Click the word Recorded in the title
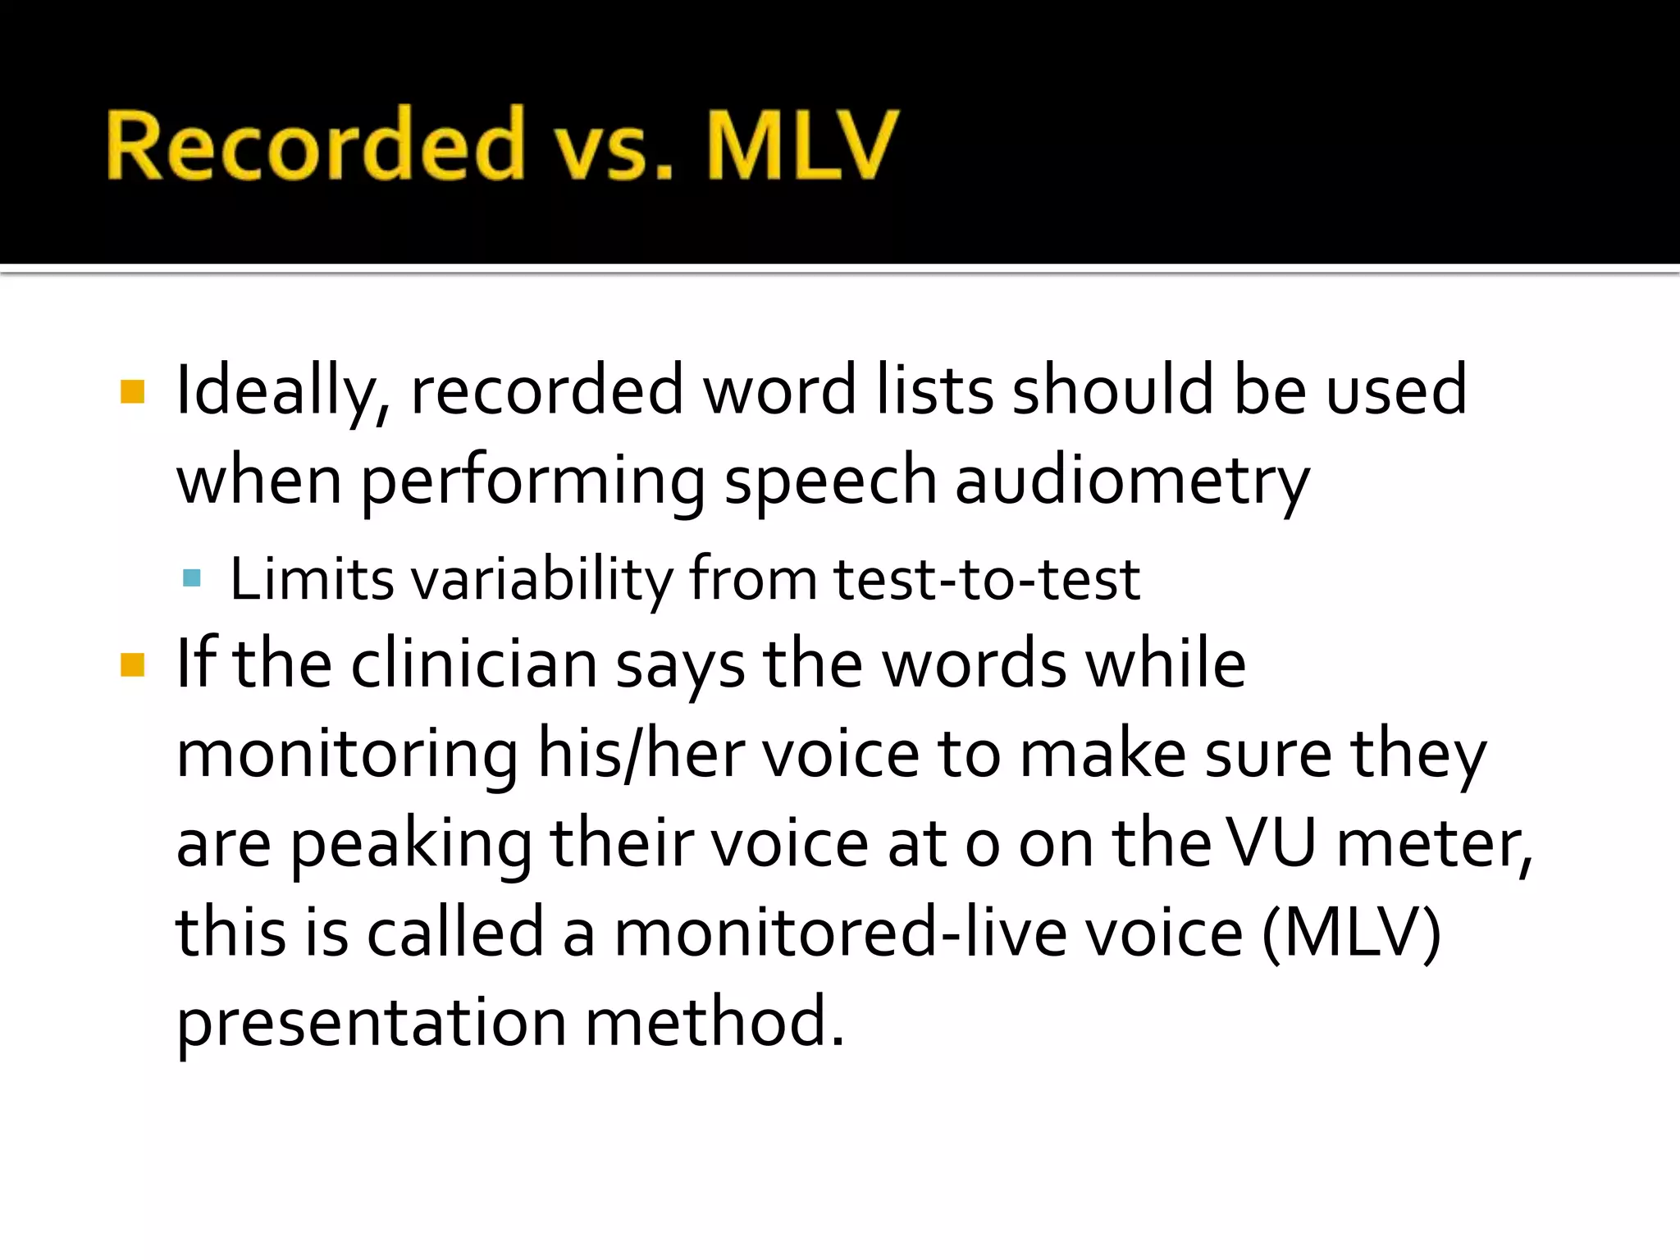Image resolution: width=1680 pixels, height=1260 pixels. [x=314, y=144]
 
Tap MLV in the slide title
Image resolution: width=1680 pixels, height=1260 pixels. [x=801, y=144]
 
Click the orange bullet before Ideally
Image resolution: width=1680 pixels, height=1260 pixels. [x=132, y=391]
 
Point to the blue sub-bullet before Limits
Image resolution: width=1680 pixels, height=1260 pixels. [x=192, y=579]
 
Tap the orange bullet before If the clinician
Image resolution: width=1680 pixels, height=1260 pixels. [x=132, y=664]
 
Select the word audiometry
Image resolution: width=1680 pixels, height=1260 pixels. [x=1132, y=482]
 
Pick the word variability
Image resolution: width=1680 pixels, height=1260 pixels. [x=541, y=579]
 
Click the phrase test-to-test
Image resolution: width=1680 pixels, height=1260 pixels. [x=987, y=579]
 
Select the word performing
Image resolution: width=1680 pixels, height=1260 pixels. [x=532, y=482]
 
